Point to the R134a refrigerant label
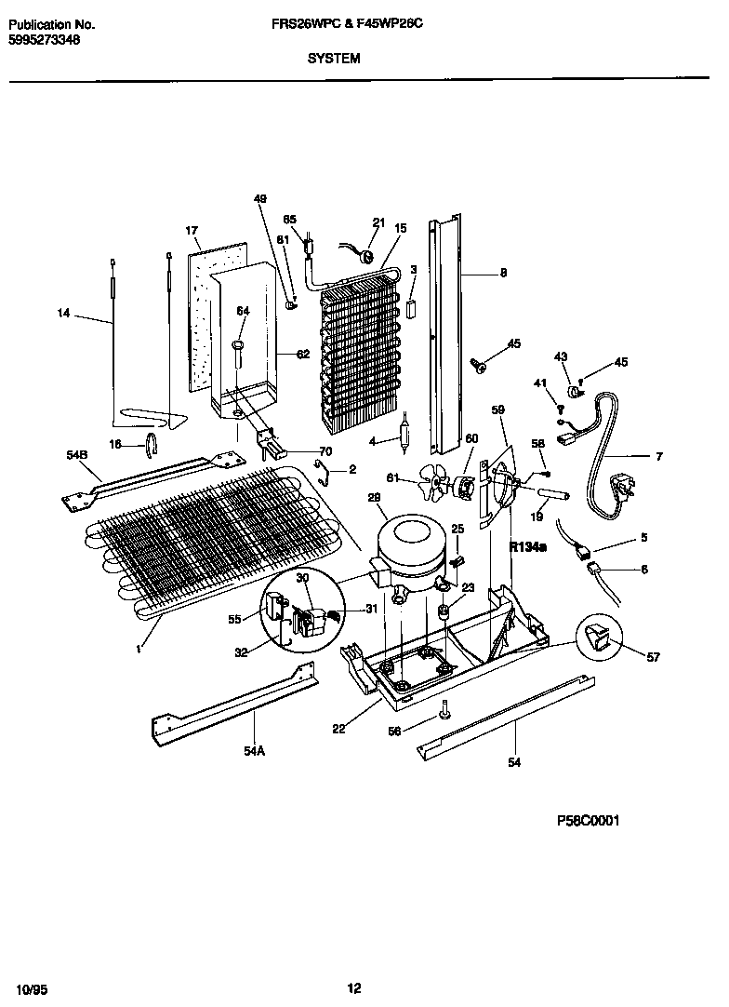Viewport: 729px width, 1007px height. [527, 548]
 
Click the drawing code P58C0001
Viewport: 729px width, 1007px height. [588, 820]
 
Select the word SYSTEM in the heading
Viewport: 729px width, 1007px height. [334, 58]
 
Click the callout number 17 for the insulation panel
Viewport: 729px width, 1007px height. [192, 230]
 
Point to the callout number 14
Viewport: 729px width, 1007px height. [63, 314]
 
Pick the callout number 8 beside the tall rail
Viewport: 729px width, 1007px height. [503, 273]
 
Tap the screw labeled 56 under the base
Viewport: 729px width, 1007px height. [446, 710]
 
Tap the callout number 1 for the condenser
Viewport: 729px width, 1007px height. [137, 649]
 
